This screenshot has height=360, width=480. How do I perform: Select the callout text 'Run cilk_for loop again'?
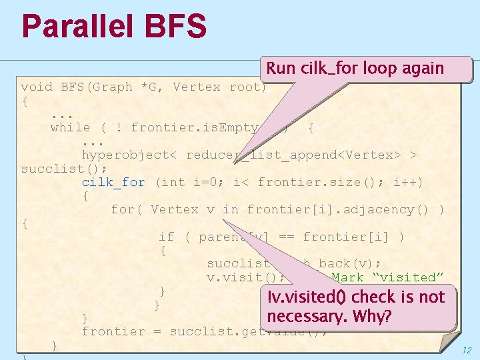click(355, 68)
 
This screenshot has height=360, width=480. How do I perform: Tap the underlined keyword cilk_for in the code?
click(113, 182)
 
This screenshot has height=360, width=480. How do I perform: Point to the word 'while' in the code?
click(70, 127)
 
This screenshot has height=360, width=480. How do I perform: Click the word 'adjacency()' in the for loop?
click(389, 209)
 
